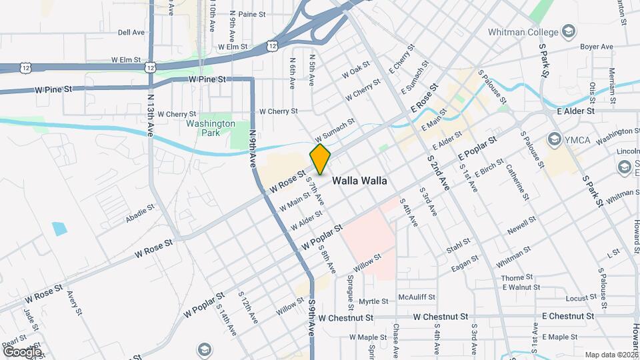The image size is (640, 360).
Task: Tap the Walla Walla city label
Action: [360, 180]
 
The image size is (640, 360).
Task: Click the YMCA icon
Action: [553, 139]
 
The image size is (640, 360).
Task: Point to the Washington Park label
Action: [211, 128]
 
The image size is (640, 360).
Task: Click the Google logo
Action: [22, 351]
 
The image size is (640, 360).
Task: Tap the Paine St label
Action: [251, 14]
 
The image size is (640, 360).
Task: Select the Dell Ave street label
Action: [131, 32]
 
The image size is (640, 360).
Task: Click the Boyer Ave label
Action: [596, 47]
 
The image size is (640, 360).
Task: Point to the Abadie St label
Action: [140, 215]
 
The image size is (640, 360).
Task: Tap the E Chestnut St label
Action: [567, 316]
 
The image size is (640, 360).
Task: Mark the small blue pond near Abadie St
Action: [59, 229]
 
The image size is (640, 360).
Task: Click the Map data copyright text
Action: [611, 355]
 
